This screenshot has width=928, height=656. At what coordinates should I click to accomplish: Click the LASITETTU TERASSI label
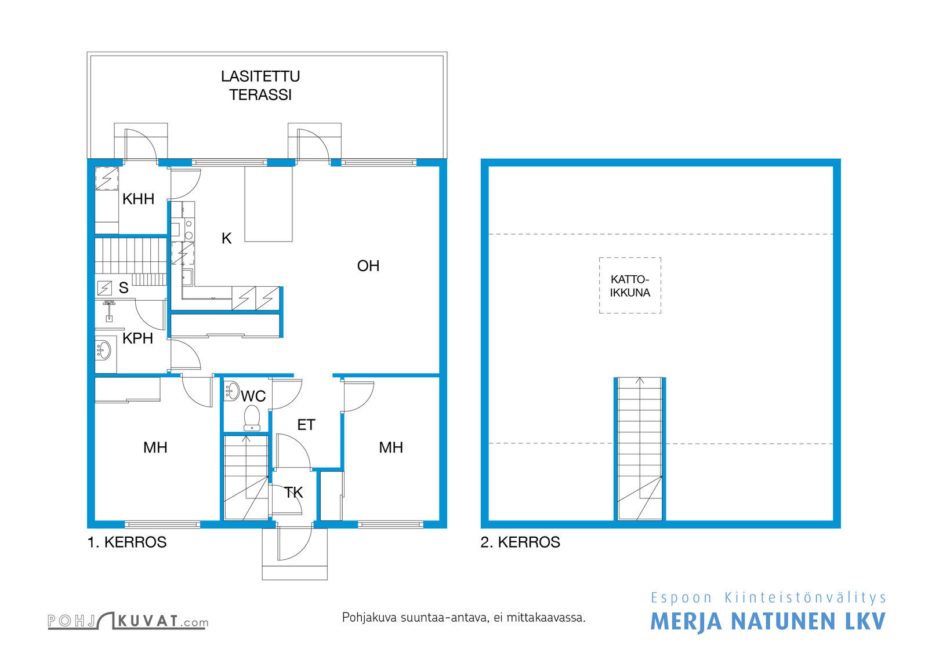point(260,86)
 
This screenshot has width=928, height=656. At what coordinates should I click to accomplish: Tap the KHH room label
point(139,199)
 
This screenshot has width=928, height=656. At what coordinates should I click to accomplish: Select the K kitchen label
point(227,238)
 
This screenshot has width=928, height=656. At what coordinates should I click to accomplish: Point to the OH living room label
point(368,266)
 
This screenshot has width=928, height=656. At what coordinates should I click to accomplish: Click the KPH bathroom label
point(137,338)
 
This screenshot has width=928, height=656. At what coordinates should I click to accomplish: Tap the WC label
point(253,396)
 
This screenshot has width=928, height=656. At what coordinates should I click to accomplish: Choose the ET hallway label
point(306,425)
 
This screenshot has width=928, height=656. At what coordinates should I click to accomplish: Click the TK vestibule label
point(293,493)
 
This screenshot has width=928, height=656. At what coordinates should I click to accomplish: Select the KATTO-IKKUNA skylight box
point(630,286)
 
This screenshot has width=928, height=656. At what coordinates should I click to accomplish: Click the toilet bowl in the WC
point(252,418)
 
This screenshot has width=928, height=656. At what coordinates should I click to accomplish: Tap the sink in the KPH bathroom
point(103,350)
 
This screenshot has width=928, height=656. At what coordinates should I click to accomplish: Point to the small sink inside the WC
point(232,391)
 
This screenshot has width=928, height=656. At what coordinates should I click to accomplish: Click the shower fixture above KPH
point(110,311)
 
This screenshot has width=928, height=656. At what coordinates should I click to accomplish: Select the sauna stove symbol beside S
point(104,287)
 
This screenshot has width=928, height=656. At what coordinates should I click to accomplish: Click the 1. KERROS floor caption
point(127,542)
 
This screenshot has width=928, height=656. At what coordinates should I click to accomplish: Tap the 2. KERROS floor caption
point(520,542)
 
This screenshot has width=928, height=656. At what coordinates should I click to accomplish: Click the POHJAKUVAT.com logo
point(128,621)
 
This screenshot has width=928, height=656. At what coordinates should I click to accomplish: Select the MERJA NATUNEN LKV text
point(768,621)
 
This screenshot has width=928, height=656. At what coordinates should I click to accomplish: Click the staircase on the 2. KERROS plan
point(640,449)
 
